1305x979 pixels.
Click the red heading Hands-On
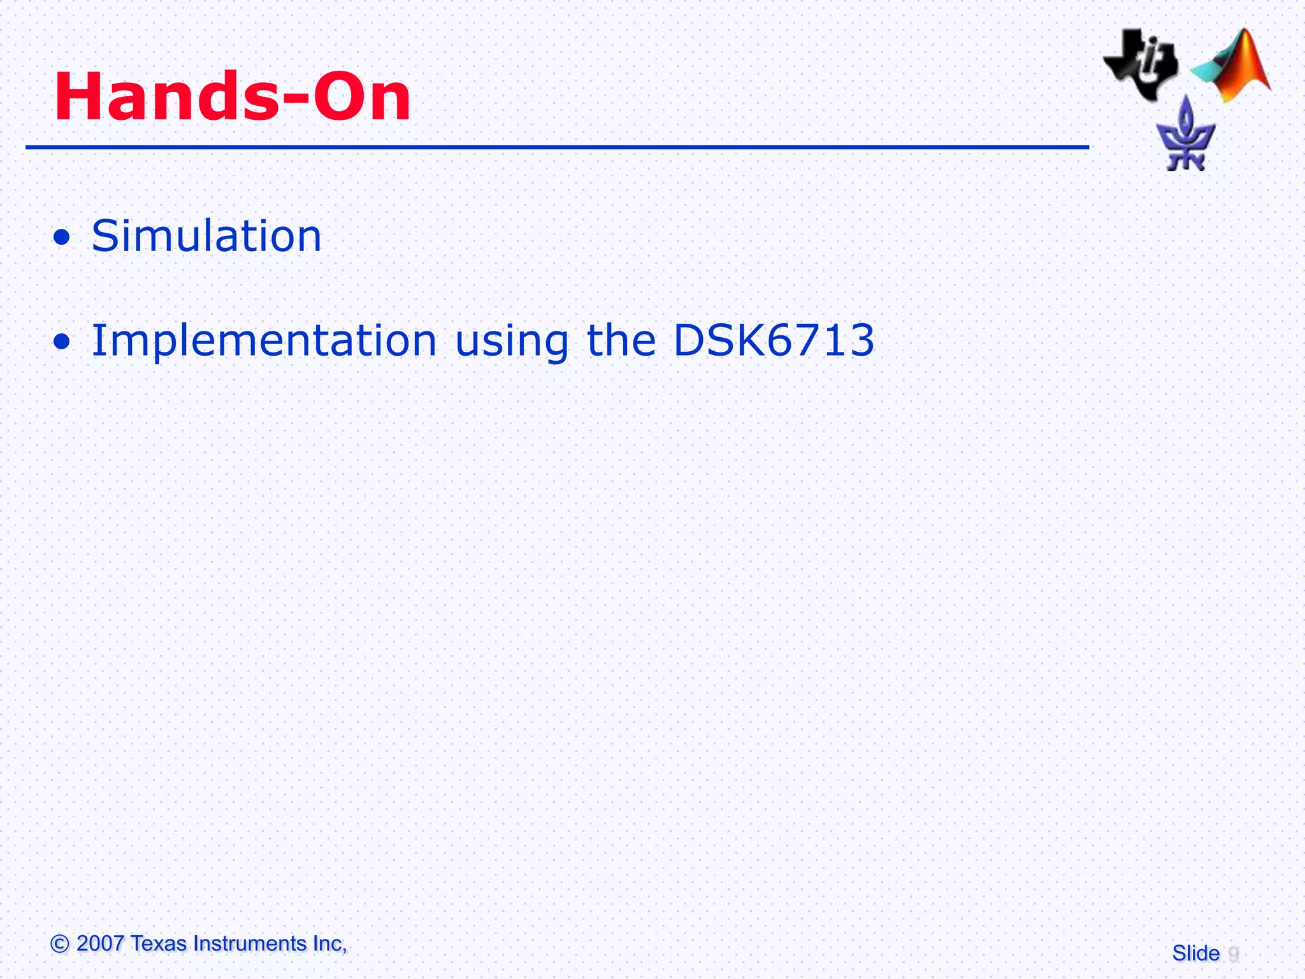pyautogui.click(x=233, y=97)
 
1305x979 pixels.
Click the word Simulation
pyautogui.click(x=206, y=236)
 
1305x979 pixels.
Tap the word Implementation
pyautogui.click(x=264, y=340)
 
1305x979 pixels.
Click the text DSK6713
pyautogui.click(x=774, y=340)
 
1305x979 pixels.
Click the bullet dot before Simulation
pyautogui.click(x=62, y=238)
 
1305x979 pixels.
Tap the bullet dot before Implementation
pyautogui.click(x=62, y=342)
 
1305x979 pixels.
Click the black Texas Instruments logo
pyautogui.click(x=1141, y=64)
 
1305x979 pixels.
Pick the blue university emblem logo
pyautogui.click(x=1186, y=136)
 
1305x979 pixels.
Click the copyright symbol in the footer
pyautogui.click(x=59, y=943)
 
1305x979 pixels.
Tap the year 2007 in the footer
pyautogui.click(x=99, y=943)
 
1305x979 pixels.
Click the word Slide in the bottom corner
pyautogui.click(x=1195, y=954)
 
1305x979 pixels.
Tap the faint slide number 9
pyautogui.click(x=1233, y=954)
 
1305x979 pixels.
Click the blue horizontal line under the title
pyautogui.click(x=557, y=147)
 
